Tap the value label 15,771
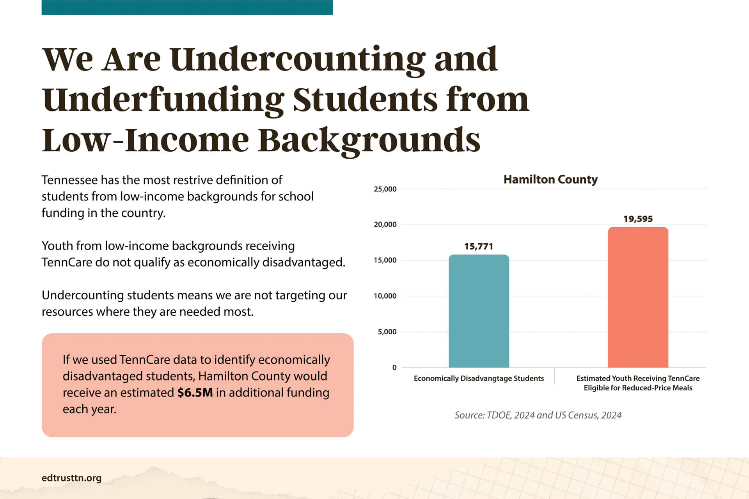coord(479,246)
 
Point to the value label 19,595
coord(638,219)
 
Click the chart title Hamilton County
coord(550,179)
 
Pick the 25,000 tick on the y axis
coord(385,189)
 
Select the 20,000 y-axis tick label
coord(385,225)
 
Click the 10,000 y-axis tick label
coord(385,296)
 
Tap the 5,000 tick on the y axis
coord(387,332)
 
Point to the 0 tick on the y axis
coord(394,367)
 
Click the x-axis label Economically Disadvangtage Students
coord(479,379)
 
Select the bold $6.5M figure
coord(195,393)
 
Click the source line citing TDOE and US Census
coord(538,415)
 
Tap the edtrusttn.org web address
coord(71,478)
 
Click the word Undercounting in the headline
coord(297,59)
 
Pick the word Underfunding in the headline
coord(163,100)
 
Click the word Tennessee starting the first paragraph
coord(70,180)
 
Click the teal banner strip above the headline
coord(187,7)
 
